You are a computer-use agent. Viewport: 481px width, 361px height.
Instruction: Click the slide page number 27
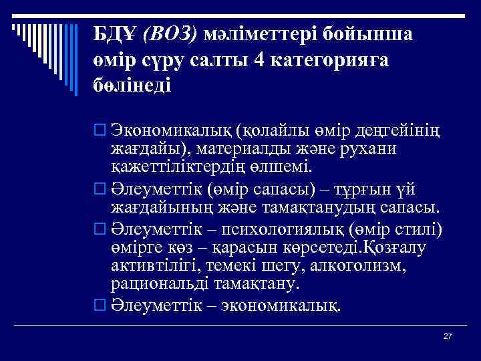tap(448, 336)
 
